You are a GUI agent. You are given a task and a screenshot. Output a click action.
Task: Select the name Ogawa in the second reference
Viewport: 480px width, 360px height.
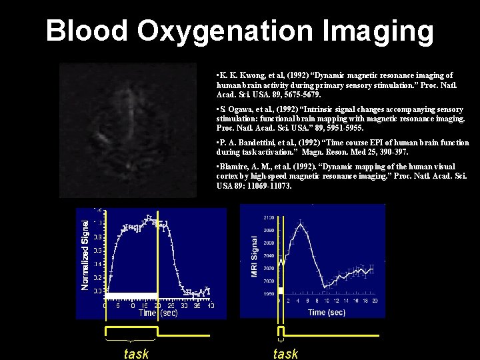click(241, 109)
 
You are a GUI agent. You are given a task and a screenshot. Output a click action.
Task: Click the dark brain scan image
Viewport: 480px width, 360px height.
click(127, 130)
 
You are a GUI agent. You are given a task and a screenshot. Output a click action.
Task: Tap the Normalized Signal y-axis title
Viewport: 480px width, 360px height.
click(85, 250)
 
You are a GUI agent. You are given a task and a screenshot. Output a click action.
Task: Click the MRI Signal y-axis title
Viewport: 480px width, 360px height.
click(254, 257)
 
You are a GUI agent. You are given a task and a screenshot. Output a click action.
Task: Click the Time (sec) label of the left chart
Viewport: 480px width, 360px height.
click(158, 313)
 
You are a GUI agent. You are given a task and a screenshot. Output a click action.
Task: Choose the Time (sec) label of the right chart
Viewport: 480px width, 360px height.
click(327, 312)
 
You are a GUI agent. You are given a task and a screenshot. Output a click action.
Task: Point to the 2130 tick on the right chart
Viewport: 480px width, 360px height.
click(269, 217)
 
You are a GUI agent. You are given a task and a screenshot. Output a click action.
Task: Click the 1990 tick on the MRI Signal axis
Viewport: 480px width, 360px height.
click(269, 293)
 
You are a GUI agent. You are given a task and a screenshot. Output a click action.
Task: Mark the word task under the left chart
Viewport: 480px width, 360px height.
click(137, 354)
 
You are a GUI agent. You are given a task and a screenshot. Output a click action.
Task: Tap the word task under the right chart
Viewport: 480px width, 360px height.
click(285, 354)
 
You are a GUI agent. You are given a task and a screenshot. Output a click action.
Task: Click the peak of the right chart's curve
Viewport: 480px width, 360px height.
click(301, 224)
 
